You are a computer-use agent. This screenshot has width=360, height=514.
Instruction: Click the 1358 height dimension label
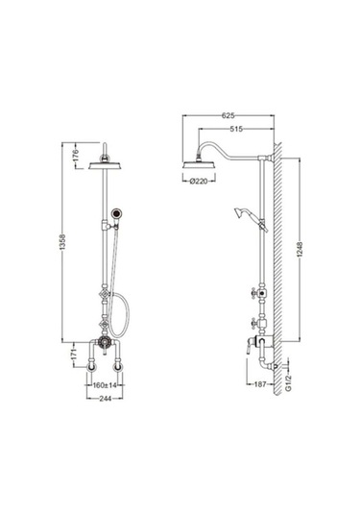coord(62,242)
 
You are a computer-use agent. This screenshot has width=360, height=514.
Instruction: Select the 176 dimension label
coord(76,156)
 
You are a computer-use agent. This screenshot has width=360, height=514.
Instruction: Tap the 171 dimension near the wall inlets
coord(74,355)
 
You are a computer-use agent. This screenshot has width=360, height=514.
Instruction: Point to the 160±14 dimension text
coord(105,385)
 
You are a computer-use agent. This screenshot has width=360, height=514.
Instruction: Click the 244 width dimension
coord(105,399)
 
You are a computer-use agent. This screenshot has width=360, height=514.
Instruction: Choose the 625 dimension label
coord(228,115)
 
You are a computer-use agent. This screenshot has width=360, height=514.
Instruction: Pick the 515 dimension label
coord(236,129)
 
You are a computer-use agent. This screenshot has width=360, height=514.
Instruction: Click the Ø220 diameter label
coord(199,181)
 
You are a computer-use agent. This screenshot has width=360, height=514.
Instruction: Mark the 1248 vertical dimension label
coord(300,249)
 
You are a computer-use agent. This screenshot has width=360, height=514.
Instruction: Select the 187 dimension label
coord(260,384)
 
